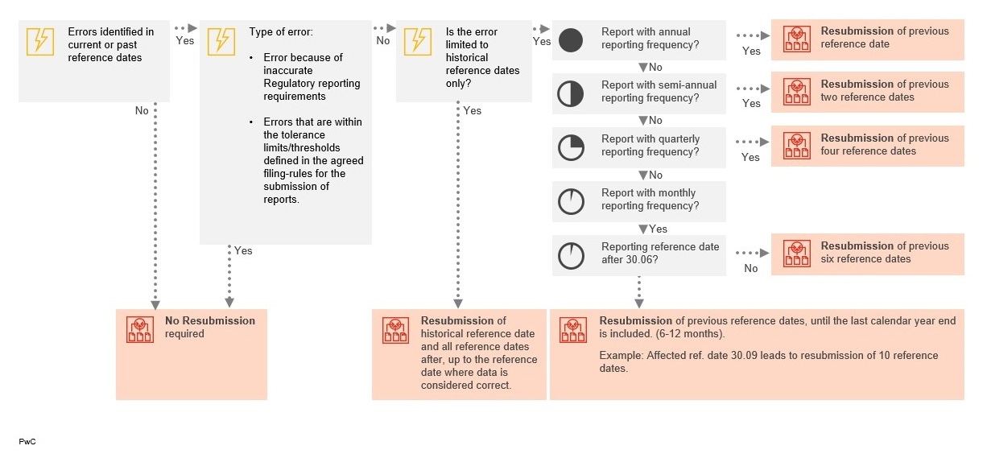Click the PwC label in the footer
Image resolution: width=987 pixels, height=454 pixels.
click(x=27, y=442)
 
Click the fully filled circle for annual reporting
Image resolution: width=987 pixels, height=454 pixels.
click(x=571, y=40)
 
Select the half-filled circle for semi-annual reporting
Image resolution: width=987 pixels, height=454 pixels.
click(x=571, y=93)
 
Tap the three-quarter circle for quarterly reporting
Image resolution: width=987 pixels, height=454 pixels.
click(x=571, y=147)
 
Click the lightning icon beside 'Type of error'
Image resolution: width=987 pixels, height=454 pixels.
click(x=221, y=41)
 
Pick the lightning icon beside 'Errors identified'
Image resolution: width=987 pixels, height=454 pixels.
click(x=40, y=41)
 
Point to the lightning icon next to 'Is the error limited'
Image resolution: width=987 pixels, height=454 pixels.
click(x=418, y=41)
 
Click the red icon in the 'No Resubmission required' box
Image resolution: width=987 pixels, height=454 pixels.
click(x=140, y=329)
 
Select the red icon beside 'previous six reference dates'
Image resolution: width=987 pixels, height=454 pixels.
click(x=797, y=254)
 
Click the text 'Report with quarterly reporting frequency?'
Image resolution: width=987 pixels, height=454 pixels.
click(x=650, y=146)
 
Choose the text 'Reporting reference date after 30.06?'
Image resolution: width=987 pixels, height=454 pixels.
click(x=660, y=254)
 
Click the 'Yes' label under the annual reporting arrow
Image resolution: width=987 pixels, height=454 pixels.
click(x=751, y=52)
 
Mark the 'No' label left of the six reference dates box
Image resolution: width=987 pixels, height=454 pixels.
click(x=751, y=269)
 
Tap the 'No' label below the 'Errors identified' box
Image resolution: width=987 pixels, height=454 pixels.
click(x=142, y=111)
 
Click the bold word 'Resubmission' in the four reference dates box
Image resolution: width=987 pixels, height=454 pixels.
click(x=857, y=138)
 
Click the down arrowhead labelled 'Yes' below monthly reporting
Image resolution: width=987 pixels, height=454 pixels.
click(x=642, y=229)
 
